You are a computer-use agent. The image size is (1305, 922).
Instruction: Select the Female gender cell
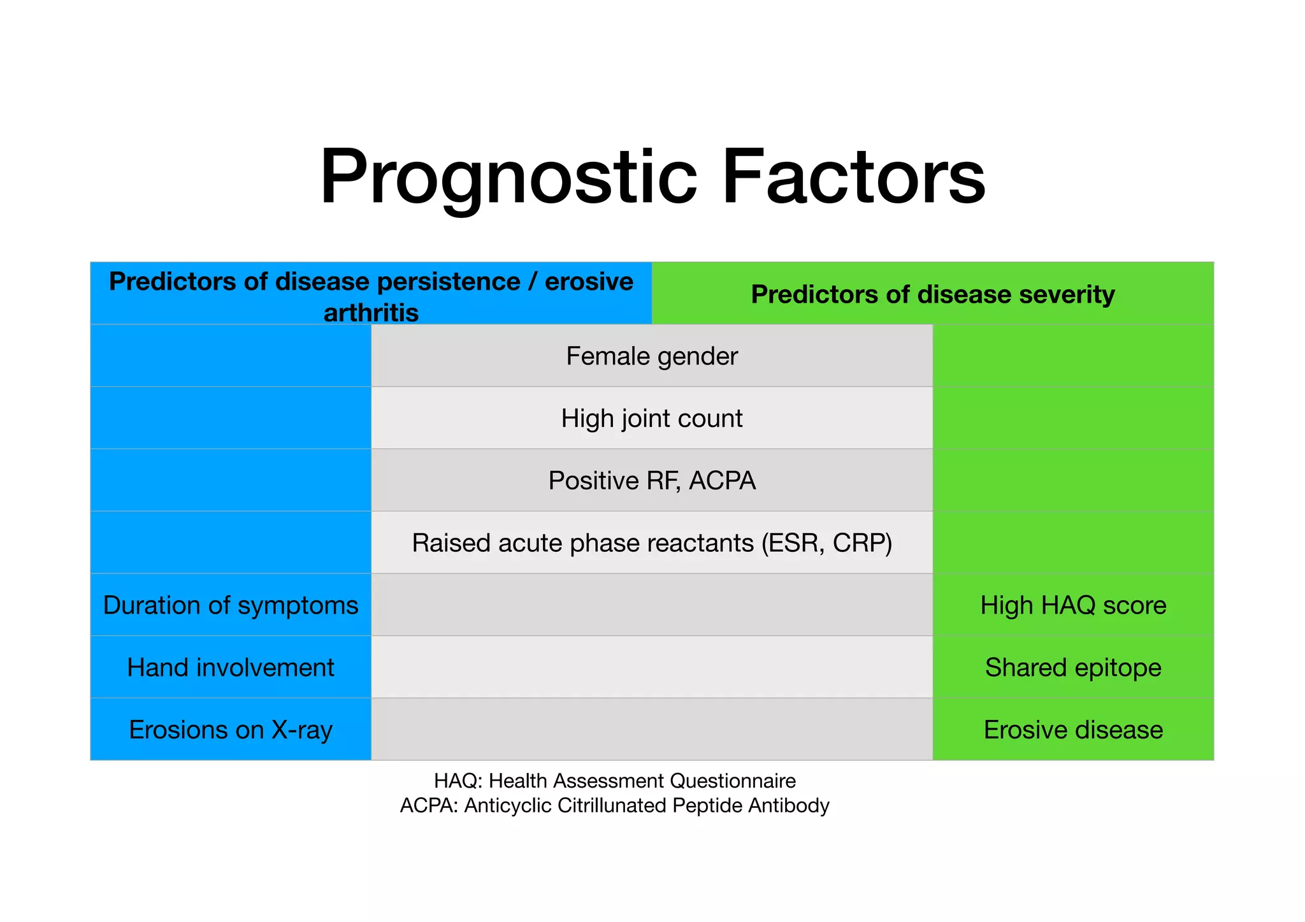coord(651,356)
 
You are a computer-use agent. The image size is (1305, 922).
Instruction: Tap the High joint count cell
coord(651,419)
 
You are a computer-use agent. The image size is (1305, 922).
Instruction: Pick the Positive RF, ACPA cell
coord(651,480)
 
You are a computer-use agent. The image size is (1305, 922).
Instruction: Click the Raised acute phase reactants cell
coord(651,543)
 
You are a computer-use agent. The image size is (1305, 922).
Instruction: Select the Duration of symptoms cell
coord(231,605)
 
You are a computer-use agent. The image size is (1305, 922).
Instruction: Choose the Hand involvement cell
coord(231,668)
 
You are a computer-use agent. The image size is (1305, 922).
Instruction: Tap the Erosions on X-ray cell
coord(231,730)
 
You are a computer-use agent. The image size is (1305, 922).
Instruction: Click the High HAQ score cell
coord(1073,605)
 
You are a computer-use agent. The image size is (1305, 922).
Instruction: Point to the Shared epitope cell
coord(1073,668)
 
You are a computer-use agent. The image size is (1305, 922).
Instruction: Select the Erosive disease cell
coord(1073,730)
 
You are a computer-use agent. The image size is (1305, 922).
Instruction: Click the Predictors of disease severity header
coord(932,294)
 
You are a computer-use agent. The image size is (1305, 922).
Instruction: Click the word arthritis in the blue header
coord(371,313)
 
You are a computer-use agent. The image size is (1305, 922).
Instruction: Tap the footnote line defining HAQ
coord(614,781)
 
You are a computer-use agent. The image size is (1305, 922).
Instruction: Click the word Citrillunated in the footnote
coord(612,805)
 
